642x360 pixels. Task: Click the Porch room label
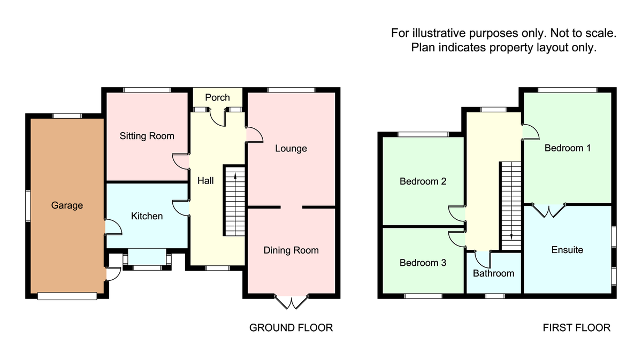coord(217,97)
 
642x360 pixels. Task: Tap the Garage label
coord(67,205)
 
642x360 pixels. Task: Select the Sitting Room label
coord(147,136)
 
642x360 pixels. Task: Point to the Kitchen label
coord(147,216)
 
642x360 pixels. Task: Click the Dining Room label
coord(291,250)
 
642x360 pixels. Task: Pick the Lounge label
coord(291,148)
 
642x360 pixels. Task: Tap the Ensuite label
coord(567,250)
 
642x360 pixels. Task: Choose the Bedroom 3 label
coord(423,263)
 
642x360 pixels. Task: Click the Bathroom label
coord(493,273)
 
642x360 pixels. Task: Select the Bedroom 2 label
coord(423,181)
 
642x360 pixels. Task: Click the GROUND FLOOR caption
coord(291,327)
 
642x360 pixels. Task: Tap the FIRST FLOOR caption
coord(576,327)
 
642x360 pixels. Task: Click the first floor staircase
coord(511,206)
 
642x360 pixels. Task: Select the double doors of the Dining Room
coord(292,302)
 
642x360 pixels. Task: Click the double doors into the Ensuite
coord(549,210)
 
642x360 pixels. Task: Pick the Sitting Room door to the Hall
coord(181,161)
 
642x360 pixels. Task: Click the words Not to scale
coord(584,33)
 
